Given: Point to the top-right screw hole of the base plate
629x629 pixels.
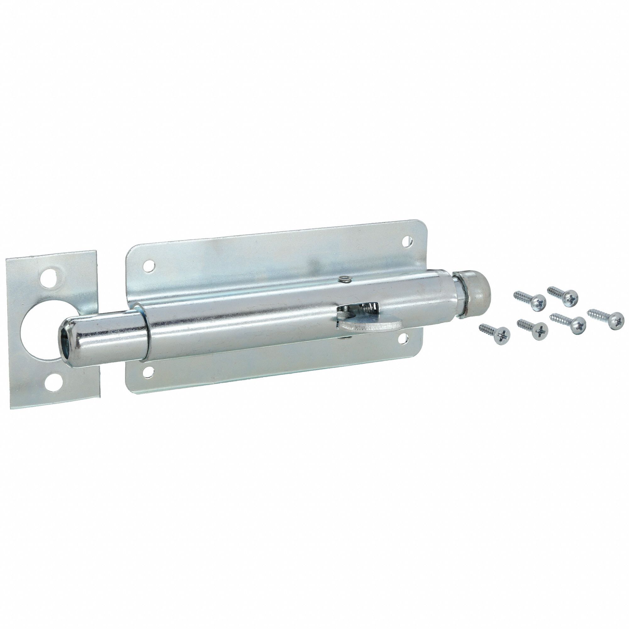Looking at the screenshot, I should pos(407,241).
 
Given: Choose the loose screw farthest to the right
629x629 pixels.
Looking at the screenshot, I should pos(606,317).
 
